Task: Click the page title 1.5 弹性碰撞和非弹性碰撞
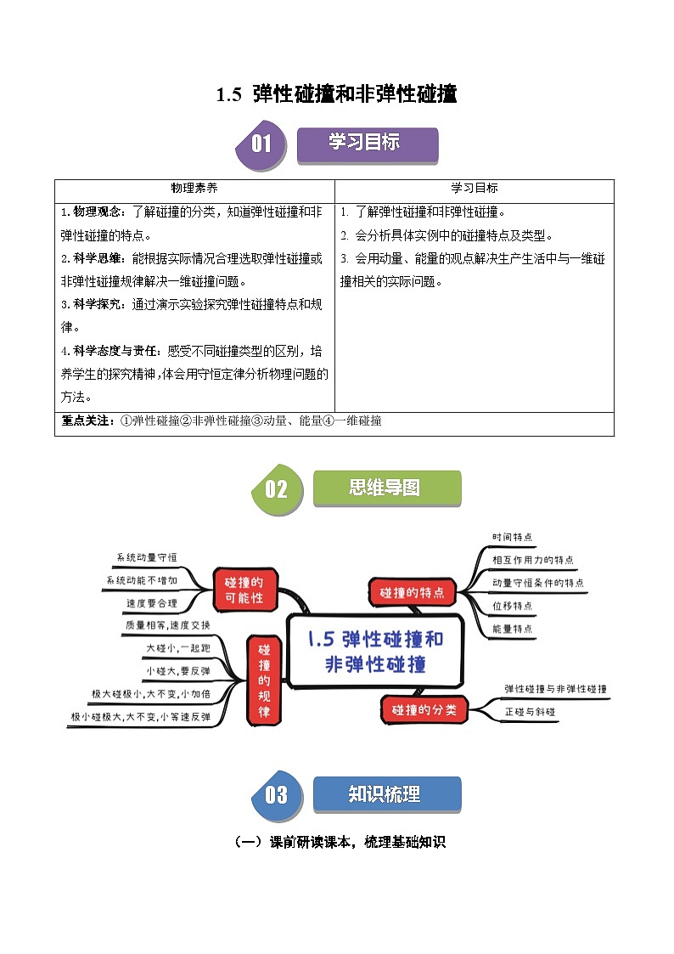337,94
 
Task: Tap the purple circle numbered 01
261,144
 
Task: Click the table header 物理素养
194,189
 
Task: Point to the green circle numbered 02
277,489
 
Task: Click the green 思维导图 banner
386,488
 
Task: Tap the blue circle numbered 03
277,794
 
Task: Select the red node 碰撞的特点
412,593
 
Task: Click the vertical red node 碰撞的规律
263,680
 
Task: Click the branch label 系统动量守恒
147,557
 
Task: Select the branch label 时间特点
513,537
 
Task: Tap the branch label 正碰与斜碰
531,711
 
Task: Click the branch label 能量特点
513,629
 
